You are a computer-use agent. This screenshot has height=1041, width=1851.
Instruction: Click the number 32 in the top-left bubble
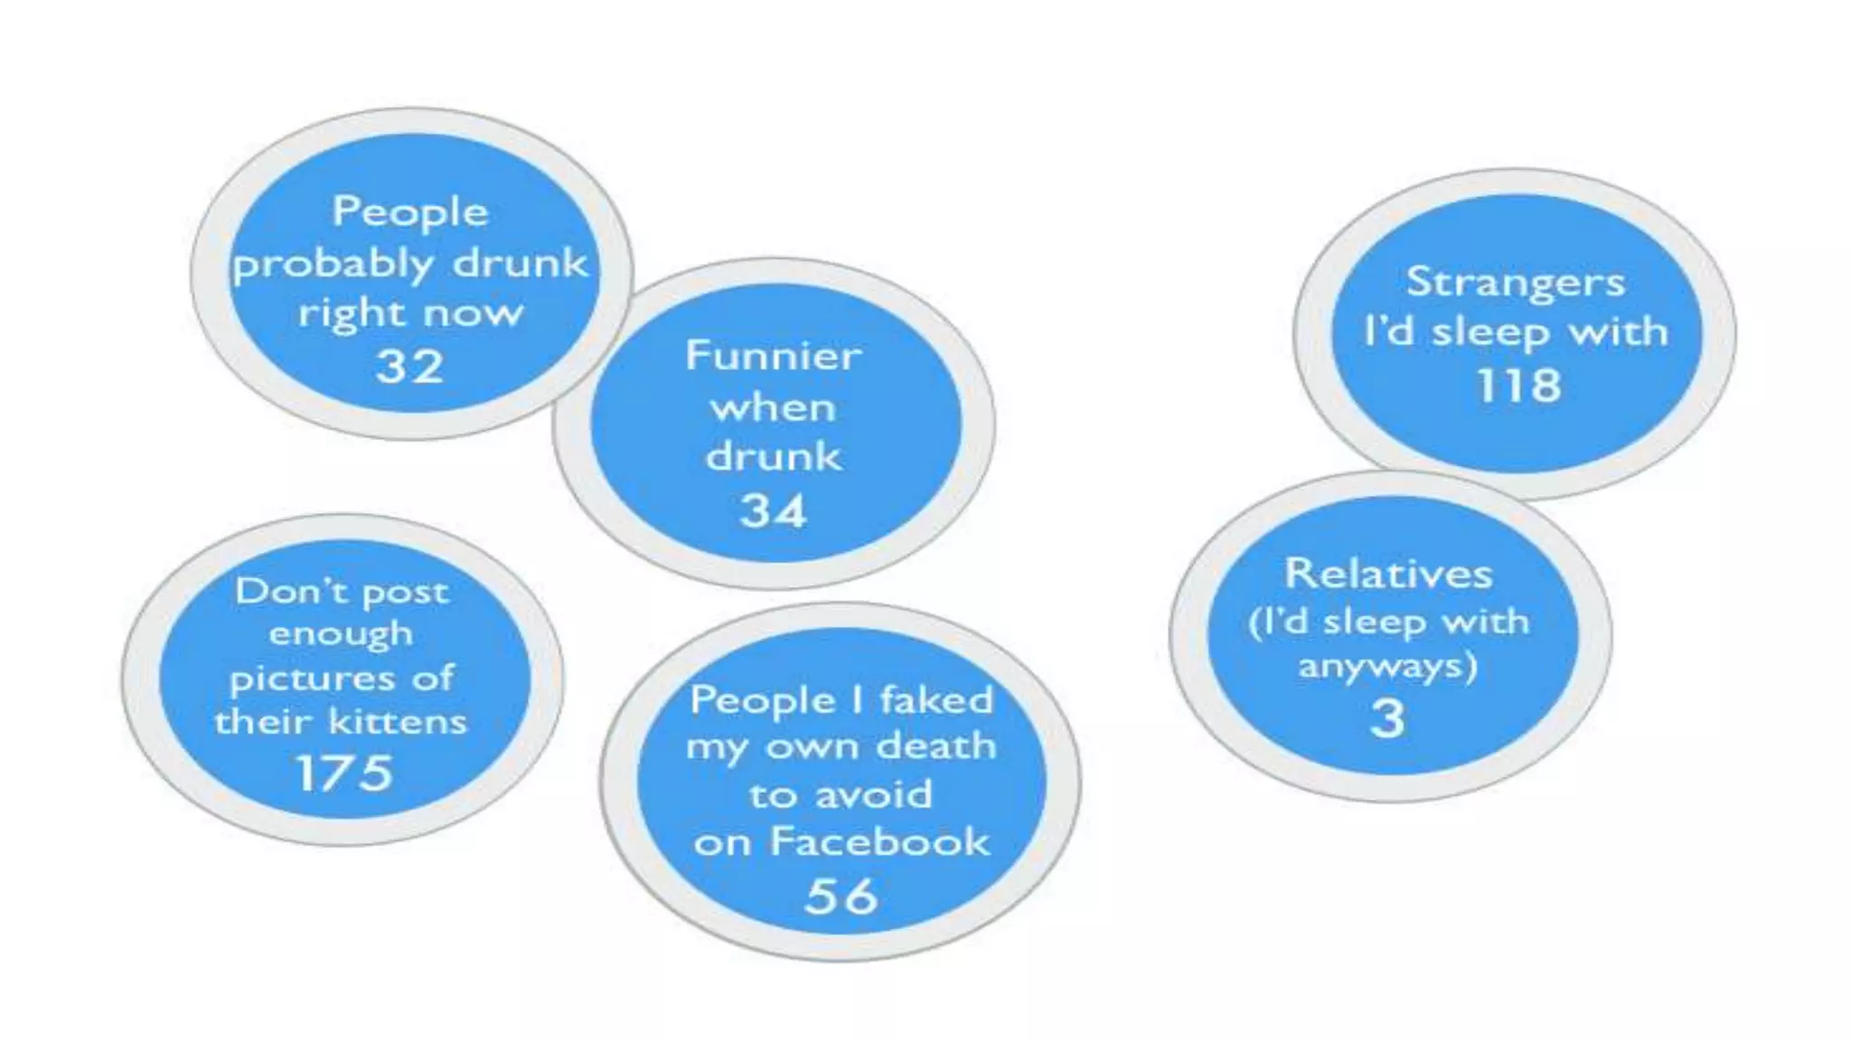410,367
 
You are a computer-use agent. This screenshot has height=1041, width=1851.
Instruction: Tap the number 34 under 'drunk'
773,511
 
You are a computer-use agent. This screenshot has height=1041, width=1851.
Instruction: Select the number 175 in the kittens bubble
344,774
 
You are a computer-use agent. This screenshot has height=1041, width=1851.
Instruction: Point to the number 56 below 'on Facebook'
841,896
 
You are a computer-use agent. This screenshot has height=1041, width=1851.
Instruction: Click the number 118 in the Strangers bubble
1518,386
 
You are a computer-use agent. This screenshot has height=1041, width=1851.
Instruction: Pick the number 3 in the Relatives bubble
1388,720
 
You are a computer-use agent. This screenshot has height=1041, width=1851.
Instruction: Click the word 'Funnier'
774,355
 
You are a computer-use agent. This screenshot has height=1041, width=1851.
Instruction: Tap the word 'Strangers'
1516,282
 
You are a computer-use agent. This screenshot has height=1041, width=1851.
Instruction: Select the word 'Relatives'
1388,574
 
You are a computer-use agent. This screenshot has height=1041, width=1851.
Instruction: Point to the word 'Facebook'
879,842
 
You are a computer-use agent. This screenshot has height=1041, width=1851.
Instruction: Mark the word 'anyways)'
1388,668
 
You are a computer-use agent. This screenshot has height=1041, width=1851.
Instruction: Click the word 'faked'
936,700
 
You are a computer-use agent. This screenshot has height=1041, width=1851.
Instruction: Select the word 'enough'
341,634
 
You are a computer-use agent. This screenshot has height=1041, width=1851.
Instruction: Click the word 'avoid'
873,795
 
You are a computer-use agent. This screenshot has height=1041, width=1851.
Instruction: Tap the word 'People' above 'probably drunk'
410,213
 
